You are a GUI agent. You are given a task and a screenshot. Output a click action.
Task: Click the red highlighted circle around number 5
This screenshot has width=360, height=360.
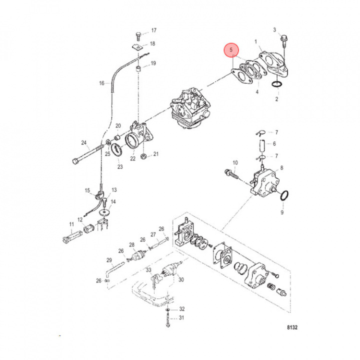(231, 51)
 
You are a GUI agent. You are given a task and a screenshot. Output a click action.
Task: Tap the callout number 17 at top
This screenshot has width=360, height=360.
(153, 30)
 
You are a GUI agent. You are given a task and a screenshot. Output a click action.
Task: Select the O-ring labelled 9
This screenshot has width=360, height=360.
(283, 196)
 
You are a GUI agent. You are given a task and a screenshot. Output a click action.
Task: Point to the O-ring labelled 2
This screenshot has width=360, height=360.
(276, 86)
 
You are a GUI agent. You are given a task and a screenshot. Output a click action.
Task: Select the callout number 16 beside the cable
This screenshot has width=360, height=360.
(101, 83)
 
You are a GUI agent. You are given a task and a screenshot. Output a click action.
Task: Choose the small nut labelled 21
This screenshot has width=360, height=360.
(143, 157)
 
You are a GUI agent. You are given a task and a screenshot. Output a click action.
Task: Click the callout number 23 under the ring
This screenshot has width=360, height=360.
(120, 167)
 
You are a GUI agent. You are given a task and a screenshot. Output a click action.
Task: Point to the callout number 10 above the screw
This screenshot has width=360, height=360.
(235, 163)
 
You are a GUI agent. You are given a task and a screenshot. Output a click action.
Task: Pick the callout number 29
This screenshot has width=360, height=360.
(109, 260)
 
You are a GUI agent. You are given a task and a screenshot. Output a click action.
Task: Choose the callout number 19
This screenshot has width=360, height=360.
(153, 63)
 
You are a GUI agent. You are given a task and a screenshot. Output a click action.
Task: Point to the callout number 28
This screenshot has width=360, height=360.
(132, 245)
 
